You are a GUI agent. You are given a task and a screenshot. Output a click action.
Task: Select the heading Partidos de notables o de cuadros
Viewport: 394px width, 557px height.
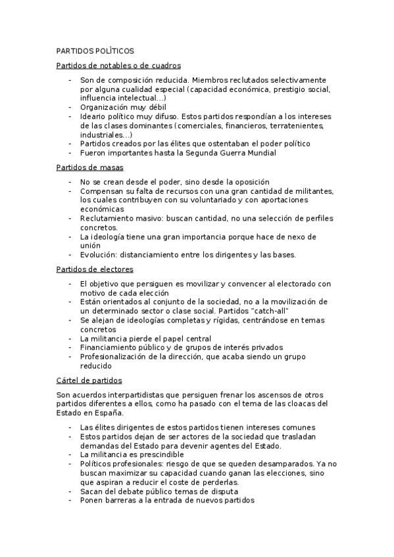click(x=118, y=66)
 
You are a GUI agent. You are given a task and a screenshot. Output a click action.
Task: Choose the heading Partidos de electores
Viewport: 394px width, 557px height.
click(x=95, y=269)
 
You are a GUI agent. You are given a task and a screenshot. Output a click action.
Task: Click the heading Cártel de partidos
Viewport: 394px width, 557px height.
click(x=89, y=380)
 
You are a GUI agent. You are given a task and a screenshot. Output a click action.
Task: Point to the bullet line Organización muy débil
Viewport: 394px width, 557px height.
click(x=123, y=106)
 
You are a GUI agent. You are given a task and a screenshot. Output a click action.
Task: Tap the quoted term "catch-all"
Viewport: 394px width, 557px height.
click(x=270, y=310)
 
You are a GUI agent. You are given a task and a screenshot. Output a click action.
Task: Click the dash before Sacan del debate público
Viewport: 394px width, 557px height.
click(x=70, y=491)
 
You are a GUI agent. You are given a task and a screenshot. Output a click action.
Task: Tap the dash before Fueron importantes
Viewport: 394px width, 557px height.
click(x=70, y=153)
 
